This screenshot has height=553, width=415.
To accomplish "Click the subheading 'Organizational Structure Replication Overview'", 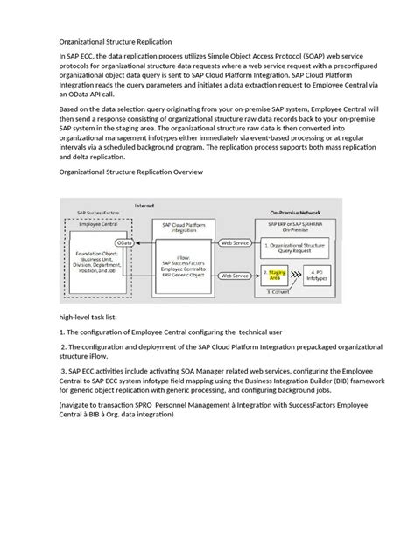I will (x=130, y=172).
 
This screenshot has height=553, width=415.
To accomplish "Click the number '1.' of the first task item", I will (x=62, y=333).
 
